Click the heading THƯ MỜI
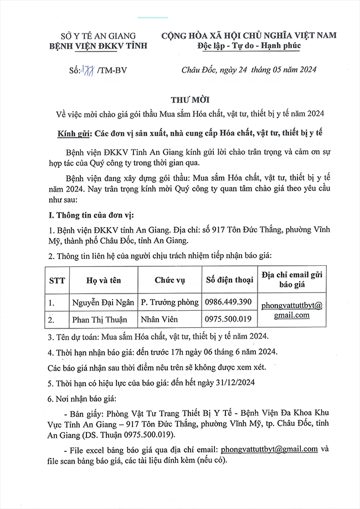180,99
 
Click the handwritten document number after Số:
89,70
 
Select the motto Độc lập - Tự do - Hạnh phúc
249,46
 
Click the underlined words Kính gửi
74,133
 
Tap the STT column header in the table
56,280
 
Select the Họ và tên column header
104,280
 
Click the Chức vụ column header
169,280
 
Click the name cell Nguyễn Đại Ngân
104,302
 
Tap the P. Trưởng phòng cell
169,302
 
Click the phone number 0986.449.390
228,302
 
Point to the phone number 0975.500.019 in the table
228,320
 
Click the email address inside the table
292,310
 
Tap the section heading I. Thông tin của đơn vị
92,214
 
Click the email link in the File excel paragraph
269,449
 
